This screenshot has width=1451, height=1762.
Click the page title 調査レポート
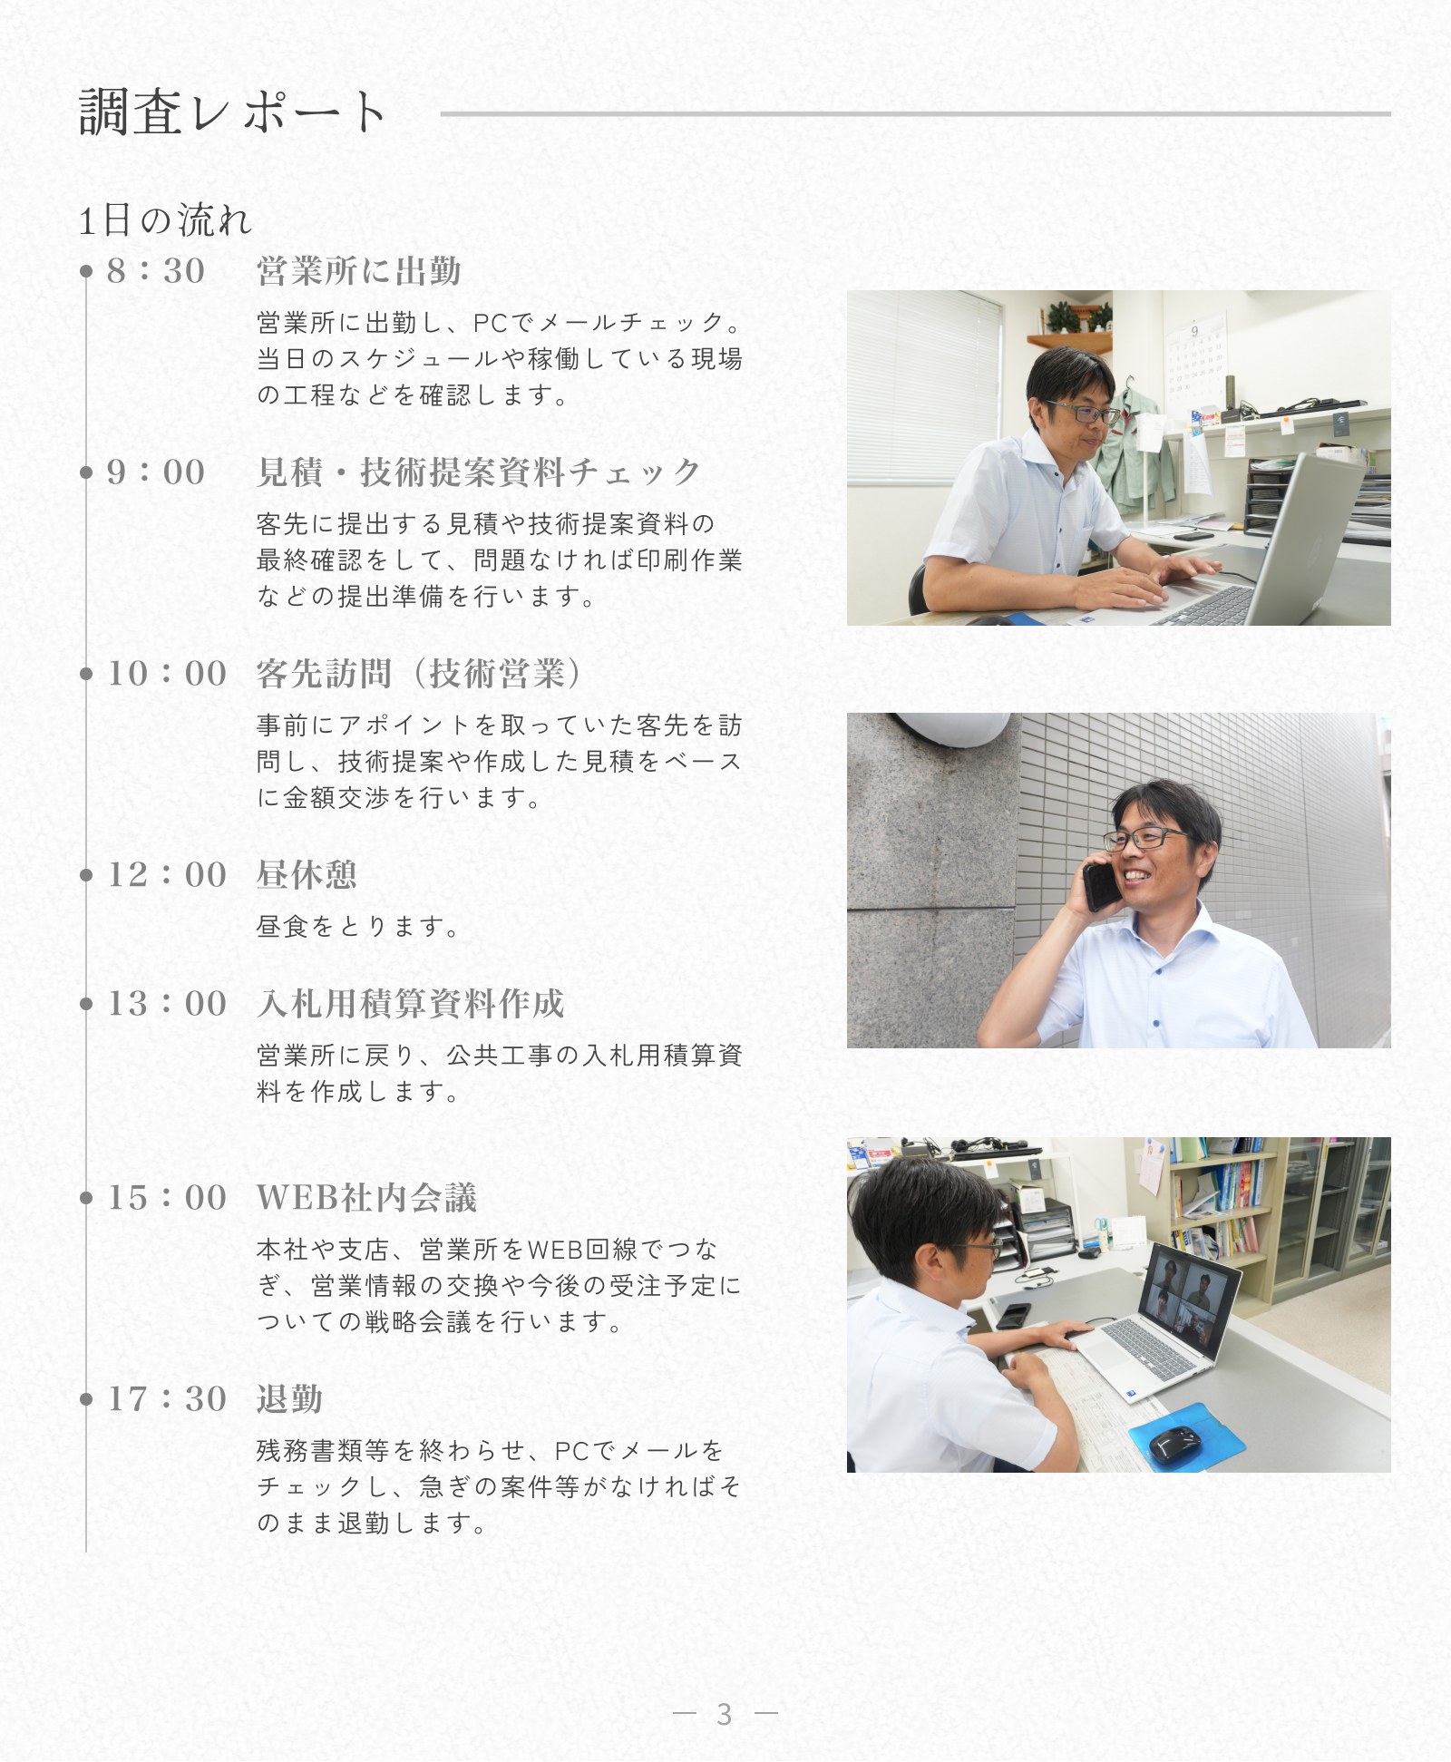[233, 112]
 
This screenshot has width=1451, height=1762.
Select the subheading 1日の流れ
[165, 220]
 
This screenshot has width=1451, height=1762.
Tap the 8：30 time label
[156, 271]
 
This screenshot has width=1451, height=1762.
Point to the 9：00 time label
[156, 472]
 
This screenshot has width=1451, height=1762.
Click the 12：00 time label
[167, 875]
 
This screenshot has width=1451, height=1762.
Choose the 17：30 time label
[167, 1399]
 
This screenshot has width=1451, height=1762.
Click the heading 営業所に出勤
[359, 271]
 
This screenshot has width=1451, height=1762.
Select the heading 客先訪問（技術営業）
[420, 674]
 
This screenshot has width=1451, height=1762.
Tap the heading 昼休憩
[307, 875]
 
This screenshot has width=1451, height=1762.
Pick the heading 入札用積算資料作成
[411, 1004]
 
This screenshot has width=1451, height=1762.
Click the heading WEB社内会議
[366, 1198]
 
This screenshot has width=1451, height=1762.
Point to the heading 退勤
[290, 1399]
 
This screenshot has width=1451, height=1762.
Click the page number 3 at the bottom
[724, 1714]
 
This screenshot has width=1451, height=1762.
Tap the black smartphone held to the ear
[1100, 885]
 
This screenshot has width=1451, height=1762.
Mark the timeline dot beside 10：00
[86, 674]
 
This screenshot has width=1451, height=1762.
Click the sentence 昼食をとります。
[358, 926]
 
